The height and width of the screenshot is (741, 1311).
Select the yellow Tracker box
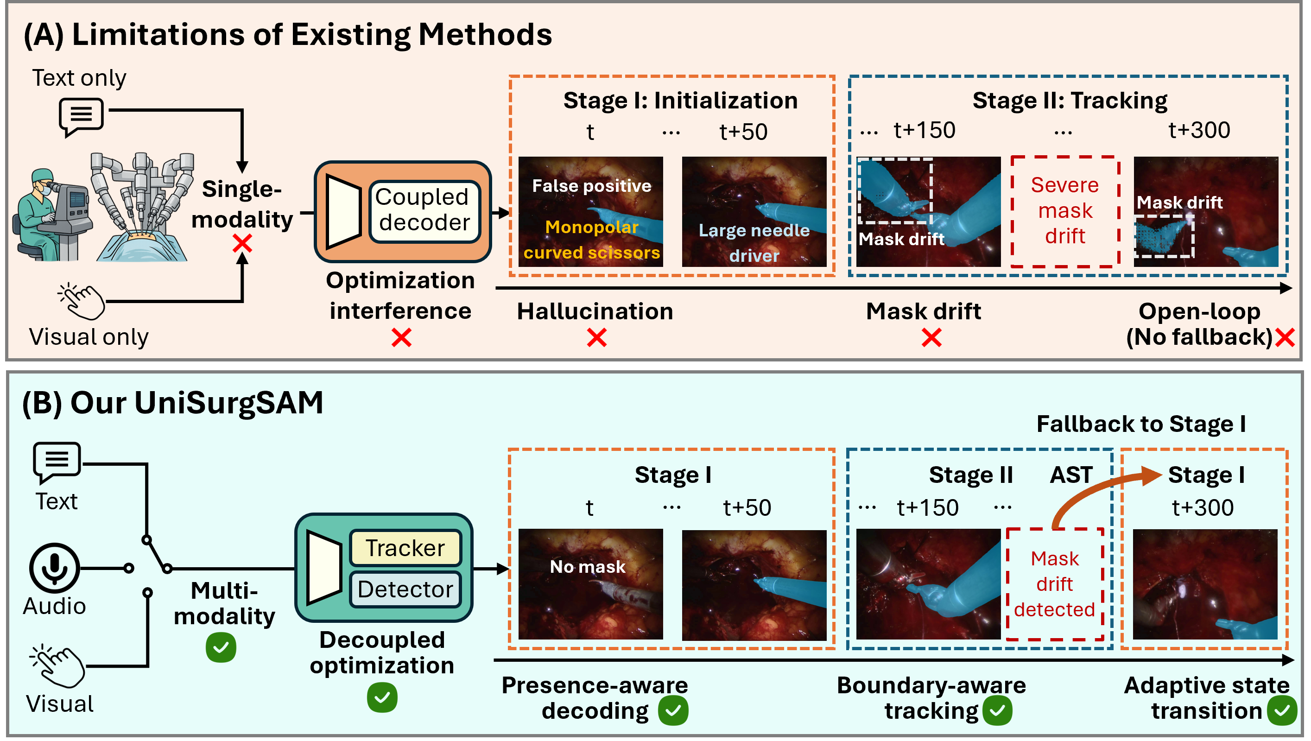[405, 548]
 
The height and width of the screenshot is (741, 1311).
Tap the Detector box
[405, 589]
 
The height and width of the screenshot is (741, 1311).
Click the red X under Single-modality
[242, 244]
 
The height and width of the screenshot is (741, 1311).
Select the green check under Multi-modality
[221, 647]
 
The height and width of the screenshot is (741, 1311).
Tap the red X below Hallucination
[596, 337]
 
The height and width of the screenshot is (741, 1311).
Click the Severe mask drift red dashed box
[1065, 211]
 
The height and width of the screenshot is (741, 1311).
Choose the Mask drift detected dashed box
[1055, 584]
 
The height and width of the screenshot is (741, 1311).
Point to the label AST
[1071, 475]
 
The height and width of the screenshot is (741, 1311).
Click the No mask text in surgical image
[588, 566]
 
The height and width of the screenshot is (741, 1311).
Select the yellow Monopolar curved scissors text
[591, 240]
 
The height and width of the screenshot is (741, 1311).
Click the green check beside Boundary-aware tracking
[997, 710]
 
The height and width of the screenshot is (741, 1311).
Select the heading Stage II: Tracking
[1070, 101]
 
